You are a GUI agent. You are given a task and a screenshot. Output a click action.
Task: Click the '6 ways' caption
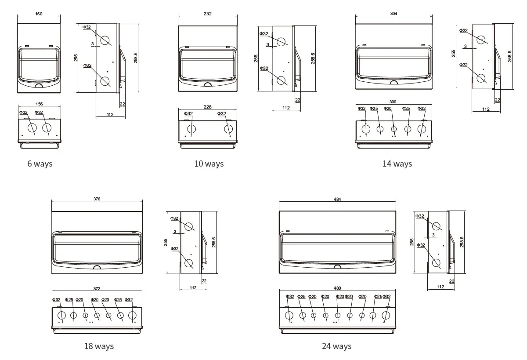coord(40,164)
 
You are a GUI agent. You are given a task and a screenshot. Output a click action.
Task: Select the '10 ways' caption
coord(209,164)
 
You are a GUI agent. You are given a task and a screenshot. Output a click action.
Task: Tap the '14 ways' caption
coord(397,164)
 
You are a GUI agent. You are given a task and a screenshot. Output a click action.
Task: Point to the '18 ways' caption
coord(99,346)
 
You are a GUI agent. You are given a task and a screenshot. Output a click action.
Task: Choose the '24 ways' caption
coord(336,346)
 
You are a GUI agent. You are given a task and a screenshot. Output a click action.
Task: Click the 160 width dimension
coord(39,14)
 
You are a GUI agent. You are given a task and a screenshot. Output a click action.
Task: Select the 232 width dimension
coord(208,14)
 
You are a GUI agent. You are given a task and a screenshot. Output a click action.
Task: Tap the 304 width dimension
coord(393,14)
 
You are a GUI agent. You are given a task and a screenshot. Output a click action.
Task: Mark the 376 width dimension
coord(97,199)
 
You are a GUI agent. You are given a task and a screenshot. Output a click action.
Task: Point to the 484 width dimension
coord(337,199)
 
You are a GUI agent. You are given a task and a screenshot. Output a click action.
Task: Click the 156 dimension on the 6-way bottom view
coord(39,104)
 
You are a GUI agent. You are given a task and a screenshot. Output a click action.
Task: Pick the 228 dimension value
coord(208,107)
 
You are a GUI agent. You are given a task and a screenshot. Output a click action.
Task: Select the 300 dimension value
coord(393,102)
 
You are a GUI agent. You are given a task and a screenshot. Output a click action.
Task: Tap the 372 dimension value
coord(97,289)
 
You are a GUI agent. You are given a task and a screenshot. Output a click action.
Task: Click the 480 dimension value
coord(337,288)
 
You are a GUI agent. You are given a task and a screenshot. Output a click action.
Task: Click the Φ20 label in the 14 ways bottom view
coord(388,109)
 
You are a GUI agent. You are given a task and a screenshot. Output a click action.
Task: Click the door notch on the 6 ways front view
coord(39,86)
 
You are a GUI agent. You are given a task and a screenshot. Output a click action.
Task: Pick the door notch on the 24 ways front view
coord(337,266)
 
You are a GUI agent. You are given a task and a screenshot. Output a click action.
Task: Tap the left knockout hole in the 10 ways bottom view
coord(191,129)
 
